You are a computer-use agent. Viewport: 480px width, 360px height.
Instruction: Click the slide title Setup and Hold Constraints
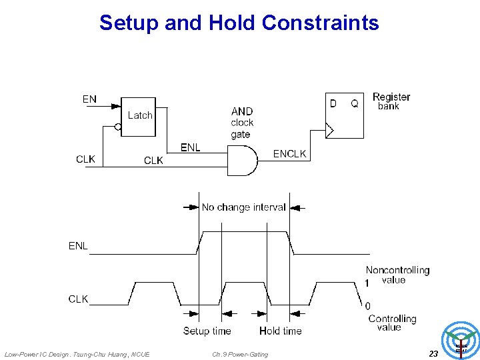239,23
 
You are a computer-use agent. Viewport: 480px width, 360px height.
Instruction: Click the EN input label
89,99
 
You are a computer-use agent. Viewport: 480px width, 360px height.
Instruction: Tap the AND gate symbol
243,160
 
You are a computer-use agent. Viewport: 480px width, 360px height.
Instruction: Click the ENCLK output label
289,154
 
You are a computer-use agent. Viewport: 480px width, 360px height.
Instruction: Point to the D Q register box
344,115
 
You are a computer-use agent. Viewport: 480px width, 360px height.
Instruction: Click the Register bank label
391,101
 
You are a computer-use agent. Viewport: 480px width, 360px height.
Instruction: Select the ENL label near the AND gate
190,147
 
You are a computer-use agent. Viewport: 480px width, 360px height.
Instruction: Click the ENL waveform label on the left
78,246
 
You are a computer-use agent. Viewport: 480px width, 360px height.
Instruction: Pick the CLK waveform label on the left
78,299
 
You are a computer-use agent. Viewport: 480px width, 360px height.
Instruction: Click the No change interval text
243,207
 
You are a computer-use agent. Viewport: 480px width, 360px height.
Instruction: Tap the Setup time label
207,331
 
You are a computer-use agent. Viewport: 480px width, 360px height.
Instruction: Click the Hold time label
280,331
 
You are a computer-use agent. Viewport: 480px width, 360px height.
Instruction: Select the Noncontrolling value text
397,275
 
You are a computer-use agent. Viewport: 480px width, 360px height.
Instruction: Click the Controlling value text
392,323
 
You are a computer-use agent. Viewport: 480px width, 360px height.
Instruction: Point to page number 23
433,354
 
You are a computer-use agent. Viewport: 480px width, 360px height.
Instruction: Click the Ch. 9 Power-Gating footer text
240,354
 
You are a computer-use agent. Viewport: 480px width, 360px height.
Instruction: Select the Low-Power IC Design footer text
77,354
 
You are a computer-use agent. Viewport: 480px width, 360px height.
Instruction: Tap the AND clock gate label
242,123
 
